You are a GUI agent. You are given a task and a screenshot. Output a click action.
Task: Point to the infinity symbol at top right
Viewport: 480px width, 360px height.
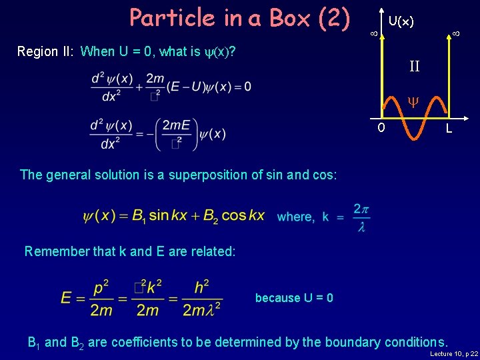tap(456, 33)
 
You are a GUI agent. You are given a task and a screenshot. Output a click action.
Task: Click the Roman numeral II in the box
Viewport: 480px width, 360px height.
tap(414, 66)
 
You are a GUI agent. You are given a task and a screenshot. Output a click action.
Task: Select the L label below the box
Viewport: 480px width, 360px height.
tap(449, 128)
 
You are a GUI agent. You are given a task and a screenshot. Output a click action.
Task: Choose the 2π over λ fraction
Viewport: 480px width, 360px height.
tap(361, 218)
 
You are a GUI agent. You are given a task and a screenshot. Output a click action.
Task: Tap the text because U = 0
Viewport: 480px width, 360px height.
tap(294, 298)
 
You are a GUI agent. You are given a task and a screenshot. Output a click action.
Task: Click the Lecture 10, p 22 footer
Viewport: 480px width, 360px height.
tap(455, 354)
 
